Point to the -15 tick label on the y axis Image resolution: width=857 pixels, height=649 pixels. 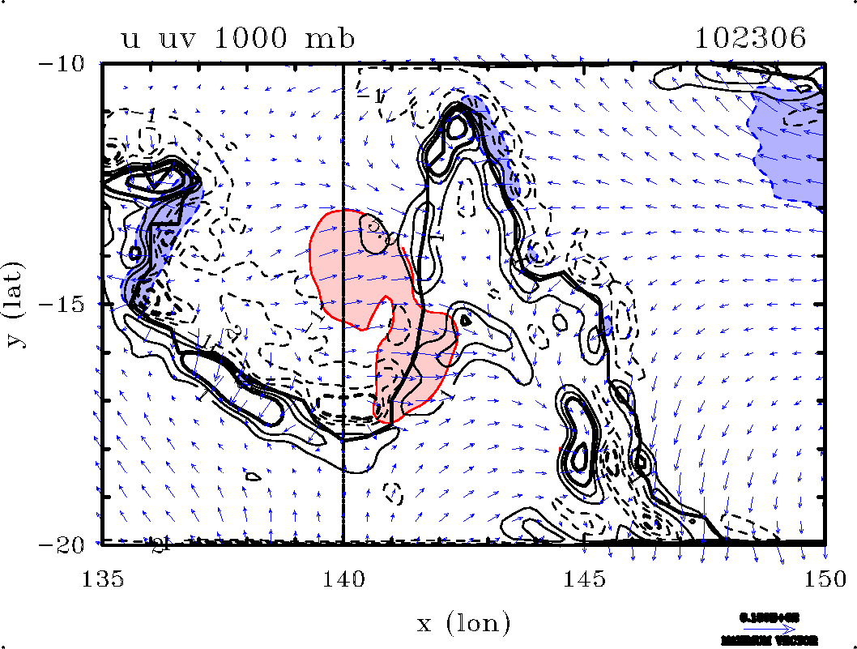(x=75, y=304)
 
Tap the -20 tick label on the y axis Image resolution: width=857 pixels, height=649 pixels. (x=75, y=544)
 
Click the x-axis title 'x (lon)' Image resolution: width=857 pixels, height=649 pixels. (x=463, y=623)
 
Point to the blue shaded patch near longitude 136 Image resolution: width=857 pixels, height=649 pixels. (x=158, y=235)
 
